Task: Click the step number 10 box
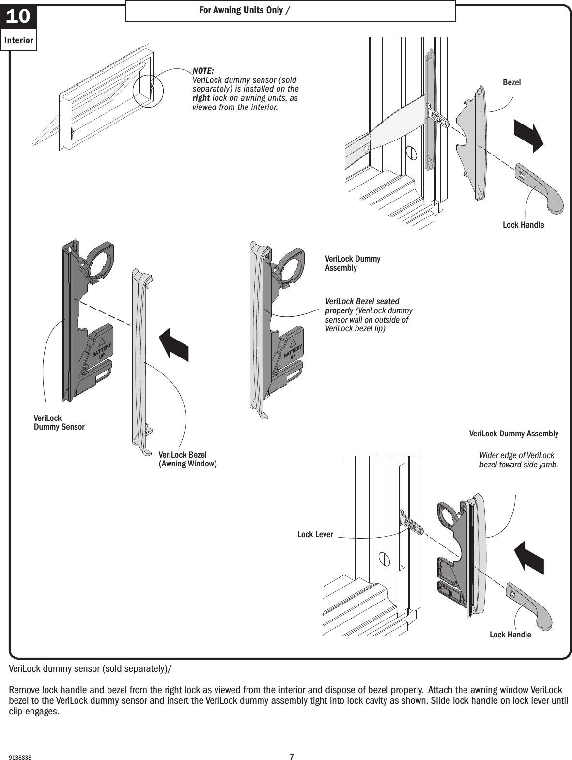(18, 17)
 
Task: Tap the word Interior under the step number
(19, 41)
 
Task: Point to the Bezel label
(511, 83)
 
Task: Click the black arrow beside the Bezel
(529, 135)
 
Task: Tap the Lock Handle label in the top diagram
(523, 225)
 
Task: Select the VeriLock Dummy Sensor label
(59, 422)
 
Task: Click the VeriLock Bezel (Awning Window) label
(187, 459)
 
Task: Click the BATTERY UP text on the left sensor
(102, 350)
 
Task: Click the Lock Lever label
(315, 534)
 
